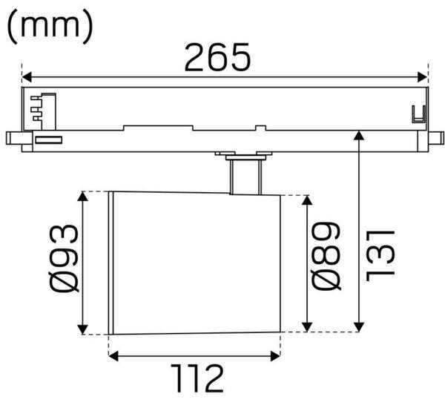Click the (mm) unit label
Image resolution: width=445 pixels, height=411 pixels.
(50, 27)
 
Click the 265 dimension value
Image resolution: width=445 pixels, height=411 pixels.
(217, 57)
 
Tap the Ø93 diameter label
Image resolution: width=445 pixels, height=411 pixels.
(63, 258)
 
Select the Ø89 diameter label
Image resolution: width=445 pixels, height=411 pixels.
(326, 256)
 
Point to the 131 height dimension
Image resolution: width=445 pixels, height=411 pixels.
(380, 256)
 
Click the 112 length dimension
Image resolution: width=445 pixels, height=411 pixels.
(197, 378)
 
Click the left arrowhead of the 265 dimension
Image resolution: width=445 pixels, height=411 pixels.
(27, 77)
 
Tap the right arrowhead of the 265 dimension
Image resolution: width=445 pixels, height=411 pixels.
(423, 77)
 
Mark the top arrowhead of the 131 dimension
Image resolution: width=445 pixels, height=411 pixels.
(359, 135)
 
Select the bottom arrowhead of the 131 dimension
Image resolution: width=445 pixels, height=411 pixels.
(359, 327)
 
